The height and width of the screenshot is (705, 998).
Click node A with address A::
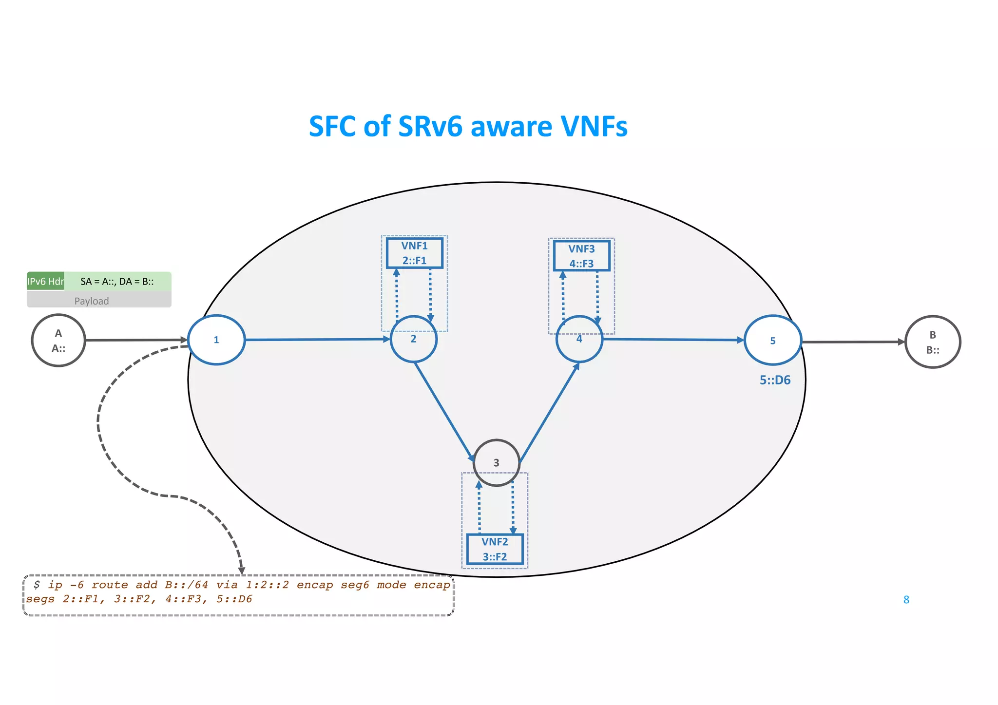[58, 341]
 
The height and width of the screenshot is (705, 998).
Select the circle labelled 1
[216, 340]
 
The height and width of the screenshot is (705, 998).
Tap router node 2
[414, 339]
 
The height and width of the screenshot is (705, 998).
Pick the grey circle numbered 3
[496, 462]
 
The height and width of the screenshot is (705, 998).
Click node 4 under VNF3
[579, 339]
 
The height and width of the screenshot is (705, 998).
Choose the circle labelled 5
[772, 341]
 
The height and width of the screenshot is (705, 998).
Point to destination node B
[932, 342]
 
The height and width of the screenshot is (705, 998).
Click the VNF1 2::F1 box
[414, 253]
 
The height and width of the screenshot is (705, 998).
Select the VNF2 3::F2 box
[495, 549]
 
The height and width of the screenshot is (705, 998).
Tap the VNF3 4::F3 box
[581, 256]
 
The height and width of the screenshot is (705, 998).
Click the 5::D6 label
[775, 380]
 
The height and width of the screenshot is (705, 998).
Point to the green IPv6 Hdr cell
[45, 281]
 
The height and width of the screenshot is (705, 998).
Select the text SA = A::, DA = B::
[117, 281]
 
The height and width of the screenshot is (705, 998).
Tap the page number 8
[906, 600]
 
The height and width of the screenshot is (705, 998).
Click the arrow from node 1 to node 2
[317, 340]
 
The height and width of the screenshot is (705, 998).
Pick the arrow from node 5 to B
[853, 342]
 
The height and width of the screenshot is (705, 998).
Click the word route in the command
[110, 585]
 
